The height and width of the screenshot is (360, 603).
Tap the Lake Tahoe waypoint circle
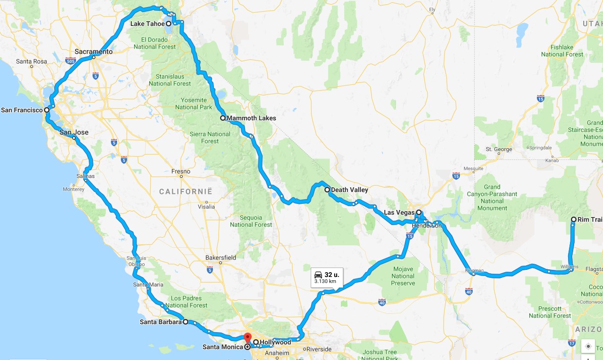169,23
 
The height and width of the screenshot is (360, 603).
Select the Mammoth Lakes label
251,118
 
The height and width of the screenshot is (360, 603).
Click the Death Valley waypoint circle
327,190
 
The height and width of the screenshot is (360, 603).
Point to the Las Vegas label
399,212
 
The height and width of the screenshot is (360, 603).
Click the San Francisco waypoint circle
47,110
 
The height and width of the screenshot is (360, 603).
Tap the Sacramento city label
93,51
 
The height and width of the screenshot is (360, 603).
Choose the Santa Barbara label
161,322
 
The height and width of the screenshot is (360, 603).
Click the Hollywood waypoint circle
256,342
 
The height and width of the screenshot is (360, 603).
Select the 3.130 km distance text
325,281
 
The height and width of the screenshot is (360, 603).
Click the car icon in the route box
318,274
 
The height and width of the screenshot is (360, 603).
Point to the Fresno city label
181,171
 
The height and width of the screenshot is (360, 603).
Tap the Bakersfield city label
221,258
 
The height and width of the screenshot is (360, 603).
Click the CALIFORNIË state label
186,191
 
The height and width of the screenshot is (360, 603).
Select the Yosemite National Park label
191,103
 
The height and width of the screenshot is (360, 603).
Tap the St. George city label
499,150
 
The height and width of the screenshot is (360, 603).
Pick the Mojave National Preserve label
403,276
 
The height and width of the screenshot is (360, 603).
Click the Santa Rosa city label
31,61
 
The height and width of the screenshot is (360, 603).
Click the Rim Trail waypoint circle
574,219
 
